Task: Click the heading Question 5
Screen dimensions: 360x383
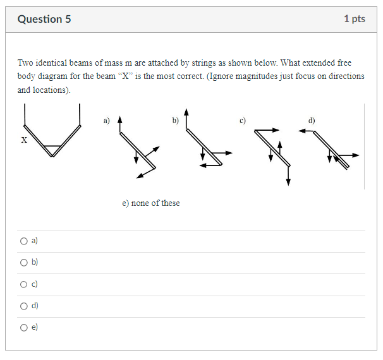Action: [44, 19]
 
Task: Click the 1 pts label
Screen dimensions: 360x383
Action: [354, 19]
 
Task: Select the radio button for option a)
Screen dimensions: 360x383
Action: [24, 241]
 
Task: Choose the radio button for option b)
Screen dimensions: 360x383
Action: [24, 262]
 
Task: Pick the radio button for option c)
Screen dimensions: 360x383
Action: [24, 284]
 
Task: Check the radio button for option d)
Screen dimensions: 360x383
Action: [24, 306]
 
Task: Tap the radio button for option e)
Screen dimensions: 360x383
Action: [24, 327]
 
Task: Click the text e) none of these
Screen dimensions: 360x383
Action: [150, 203]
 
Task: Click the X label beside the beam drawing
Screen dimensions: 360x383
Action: [24, 140]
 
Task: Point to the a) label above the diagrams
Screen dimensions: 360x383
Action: [107, 119]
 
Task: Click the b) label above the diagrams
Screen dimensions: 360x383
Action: [175, 119]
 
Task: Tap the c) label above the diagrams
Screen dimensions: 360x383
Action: [242, 119]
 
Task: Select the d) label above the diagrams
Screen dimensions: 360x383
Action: [311, 119]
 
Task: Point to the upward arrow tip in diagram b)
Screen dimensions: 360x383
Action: [186, 112]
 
